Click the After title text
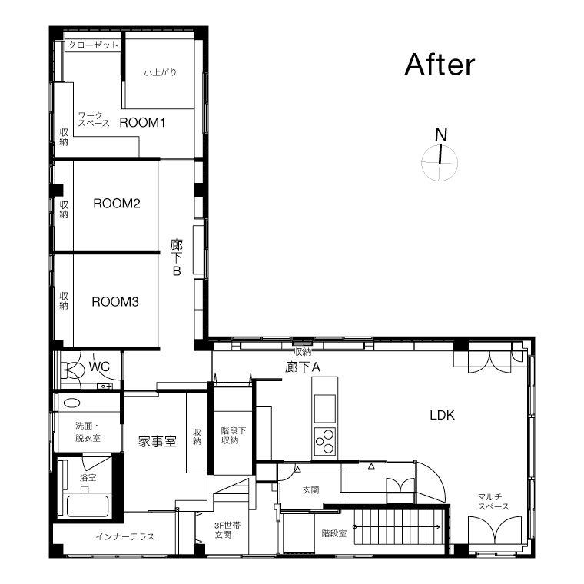click(x=440, y=65)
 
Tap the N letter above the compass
click(x=441, y=134)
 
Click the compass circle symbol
click(x=440, y=163)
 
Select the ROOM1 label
click(x=142, y=122)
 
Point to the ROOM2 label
click(x=117, y=204)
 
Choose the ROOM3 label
click(x=115, y=302)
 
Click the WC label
click(x=99, y=367)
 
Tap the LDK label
click(x=442, y=415)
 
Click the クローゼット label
click(x=93, y=45)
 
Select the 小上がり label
click(x=160, y=72)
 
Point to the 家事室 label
click(x=158, y=442)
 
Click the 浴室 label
click(x=88, y=477)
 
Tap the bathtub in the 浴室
click(x=88, y=506)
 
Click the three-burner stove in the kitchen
click(x=325, y=441)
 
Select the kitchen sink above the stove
click(x=325, y=409)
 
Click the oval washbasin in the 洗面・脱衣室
click(x=72, y=403)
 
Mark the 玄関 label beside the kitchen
click(x=311, y=490)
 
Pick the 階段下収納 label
click(x=233, y=436)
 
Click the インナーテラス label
click(x=125, y=536)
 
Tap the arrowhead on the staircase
click(x=439, y=526)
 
